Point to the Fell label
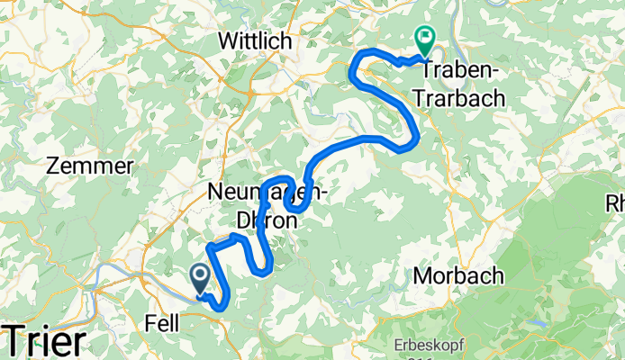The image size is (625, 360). (x=161, y=320)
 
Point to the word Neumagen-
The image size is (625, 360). (x=267, y=191)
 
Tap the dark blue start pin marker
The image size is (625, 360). (x=199, y=277)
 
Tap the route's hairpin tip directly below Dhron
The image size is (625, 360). (x=267, y=268)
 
